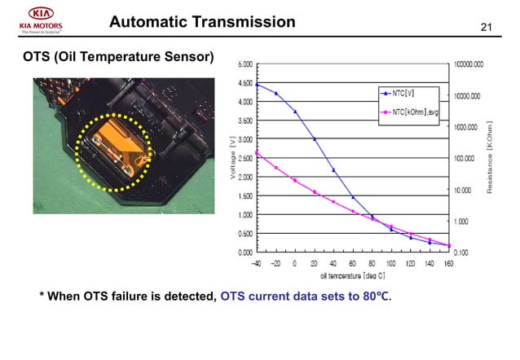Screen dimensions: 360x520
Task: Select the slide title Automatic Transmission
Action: (x=202, y=22)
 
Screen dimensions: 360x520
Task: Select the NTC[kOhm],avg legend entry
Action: (x=414, y=112)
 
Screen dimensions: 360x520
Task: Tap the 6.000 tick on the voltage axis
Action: (x=245, y=64)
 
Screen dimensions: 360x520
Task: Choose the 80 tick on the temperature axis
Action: (x=372, y=264)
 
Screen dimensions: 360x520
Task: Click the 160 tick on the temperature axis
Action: (x=449, y=264)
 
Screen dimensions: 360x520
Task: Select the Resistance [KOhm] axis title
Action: (x=491, y=158)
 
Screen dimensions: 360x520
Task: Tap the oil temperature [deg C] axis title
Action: (x=353, y=276)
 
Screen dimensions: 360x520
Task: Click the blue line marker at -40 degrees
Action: (x=257, y=85)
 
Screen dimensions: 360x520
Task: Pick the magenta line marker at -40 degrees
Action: (x=257, y=152)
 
